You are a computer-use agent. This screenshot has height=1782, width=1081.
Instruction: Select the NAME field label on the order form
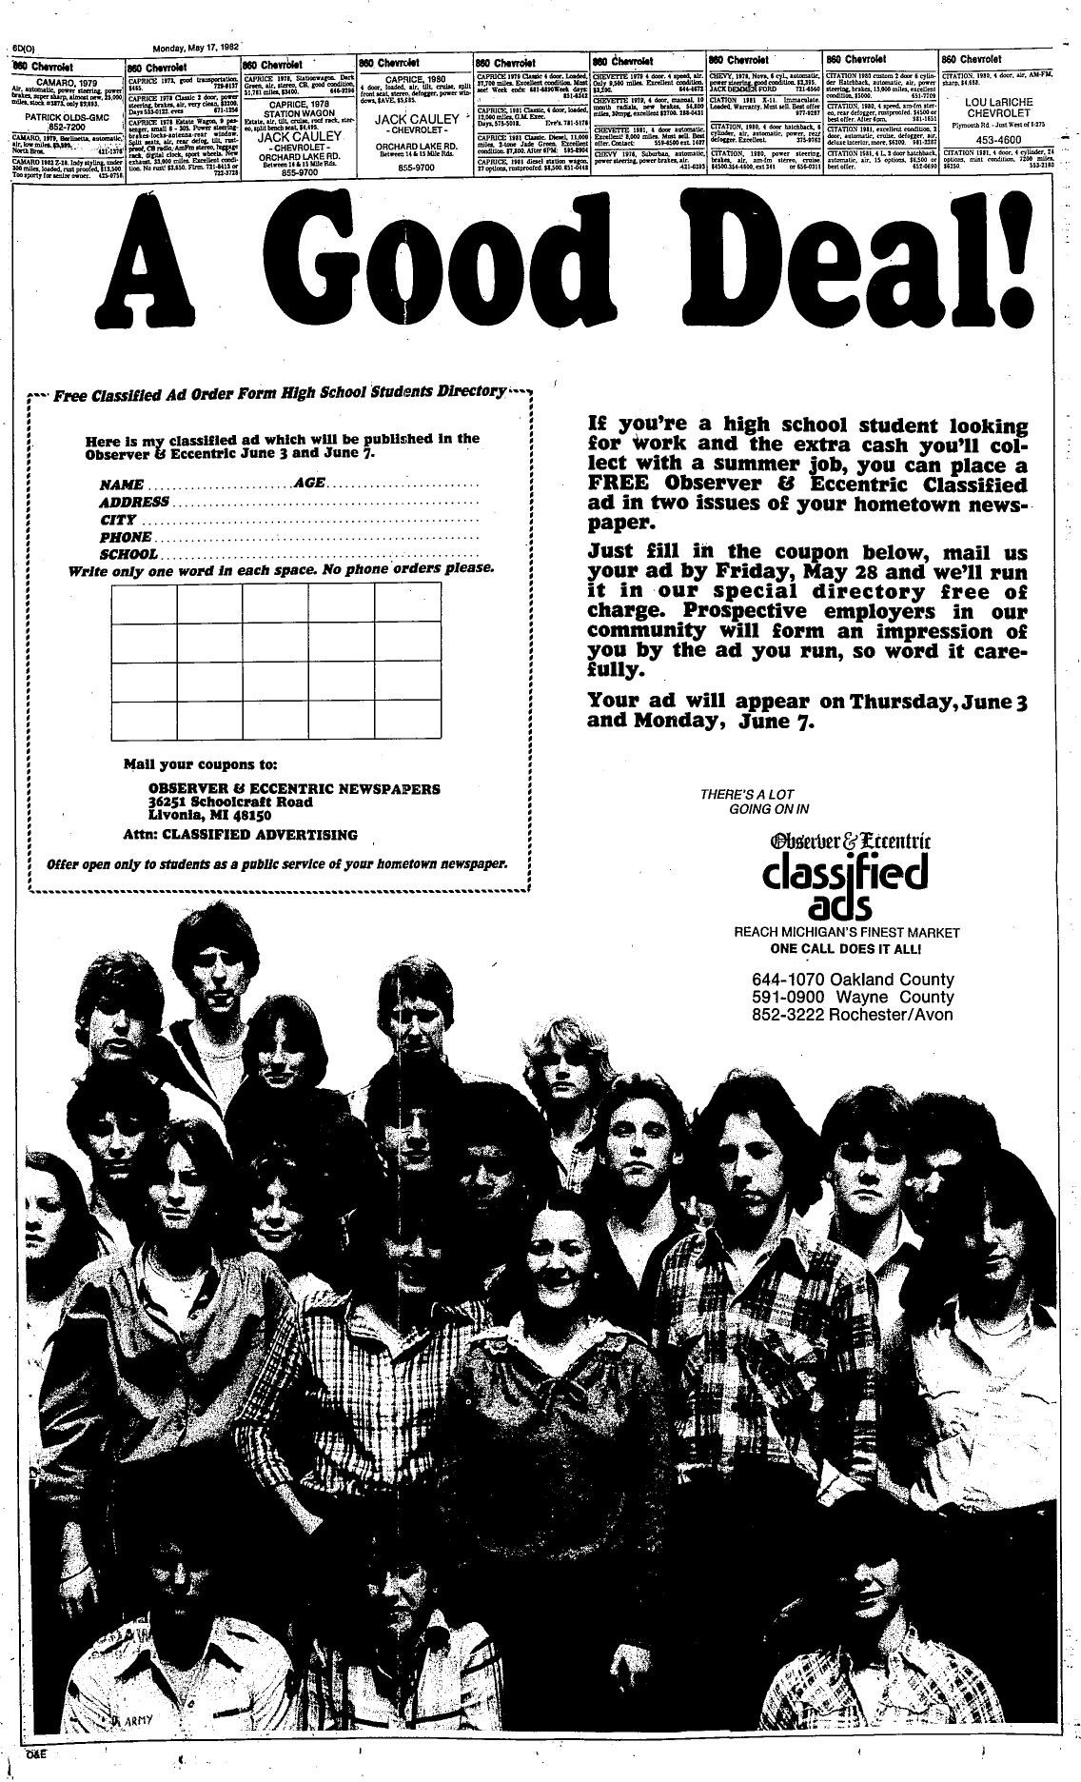(x=123, y=485)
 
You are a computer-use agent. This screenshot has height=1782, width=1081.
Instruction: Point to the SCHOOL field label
(x=128, y=554)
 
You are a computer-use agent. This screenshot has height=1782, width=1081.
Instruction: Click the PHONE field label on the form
(x=127, y=537)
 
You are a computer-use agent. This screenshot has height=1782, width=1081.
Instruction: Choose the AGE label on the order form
(x=310, y=484)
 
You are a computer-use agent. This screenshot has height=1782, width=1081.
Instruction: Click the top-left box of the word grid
(x=145, y=603)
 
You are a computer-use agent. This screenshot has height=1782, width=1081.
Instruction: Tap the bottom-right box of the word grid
(x=407, y=719)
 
